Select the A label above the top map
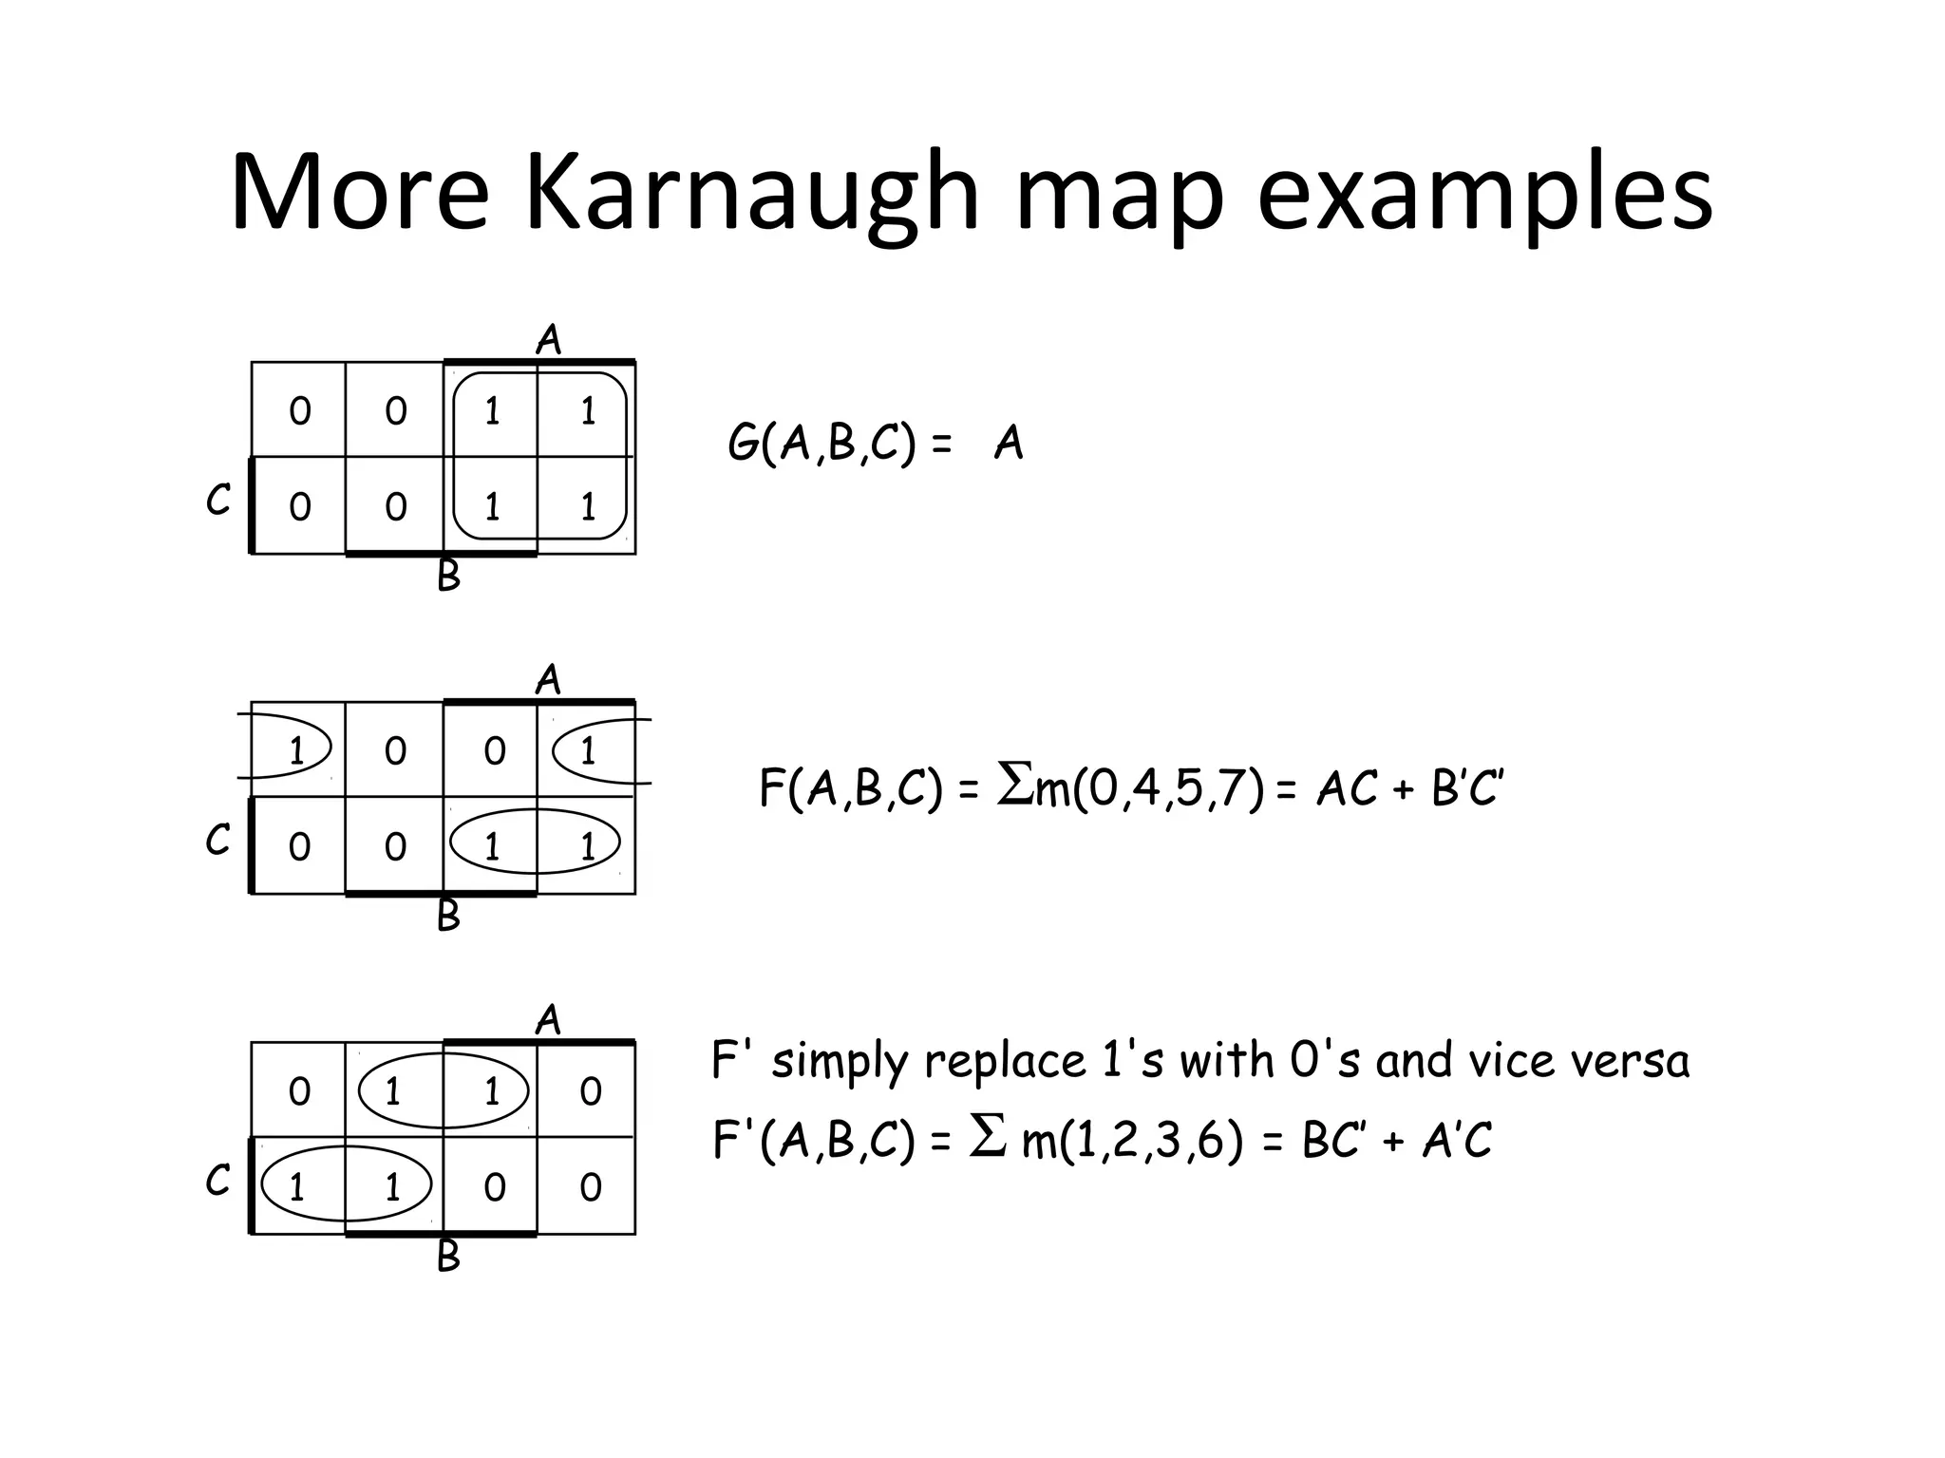(549, 339)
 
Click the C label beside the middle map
(217, 840)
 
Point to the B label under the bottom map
(448, 1256)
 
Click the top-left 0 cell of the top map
(299, 411)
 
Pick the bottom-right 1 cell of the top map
(588, 506)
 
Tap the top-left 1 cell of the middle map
(296, 751)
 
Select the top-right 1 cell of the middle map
(588, 751)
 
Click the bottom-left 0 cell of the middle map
(299, 846)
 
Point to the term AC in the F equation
(1346, 788)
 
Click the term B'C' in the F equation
(1466, 788)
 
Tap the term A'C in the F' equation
(1457, 1140)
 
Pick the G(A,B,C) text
(822, 444)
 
